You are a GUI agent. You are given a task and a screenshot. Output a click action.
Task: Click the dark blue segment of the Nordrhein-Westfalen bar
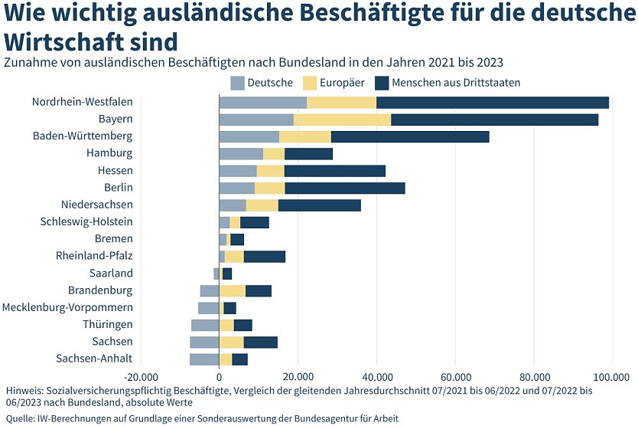tap(493, 103)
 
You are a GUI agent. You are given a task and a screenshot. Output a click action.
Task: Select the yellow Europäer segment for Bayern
tap(342, 120)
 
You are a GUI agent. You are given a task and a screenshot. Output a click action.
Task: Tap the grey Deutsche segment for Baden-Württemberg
tap(249, 136)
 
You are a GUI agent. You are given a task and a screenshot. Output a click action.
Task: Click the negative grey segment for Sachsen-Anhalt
tap(204, 359)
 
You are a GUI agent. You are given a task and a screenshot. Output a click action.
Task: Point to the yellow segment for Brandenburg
tap(233, 290)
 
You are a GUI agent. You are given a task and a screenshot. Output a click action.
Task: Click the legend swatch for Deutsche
tap(237, 83)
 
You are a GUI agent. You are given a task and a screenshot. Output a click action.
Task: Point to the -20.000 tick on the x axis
tap(141, 376)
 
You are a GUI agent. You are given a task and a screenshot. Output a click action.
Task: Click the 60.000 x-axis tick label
tap(455, 376)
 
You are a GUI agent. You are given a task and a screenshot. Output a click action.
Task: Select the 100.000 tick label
tap(611, 376)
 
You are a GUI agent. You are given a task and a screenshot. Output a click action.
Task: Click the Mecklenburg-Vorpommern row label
tap(67, 307)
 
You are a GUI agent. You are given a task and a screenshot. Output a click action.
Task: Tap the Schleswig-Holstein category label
tap(86, 222)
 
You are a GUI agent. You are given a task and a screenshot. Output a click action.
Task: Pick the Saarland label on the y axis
tap(111, 274)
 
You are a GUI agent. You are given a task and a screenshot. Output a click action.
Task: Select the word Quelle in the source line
tap(20, 418)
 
